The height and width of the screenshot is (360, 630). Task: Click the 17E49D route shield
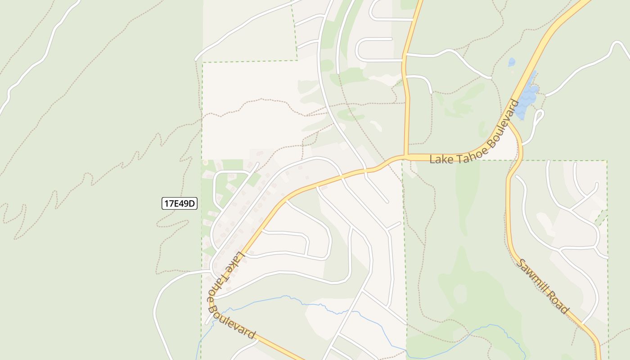pos(180,203)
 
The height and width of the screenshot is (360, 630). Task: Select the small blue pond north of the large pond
pos(512,62)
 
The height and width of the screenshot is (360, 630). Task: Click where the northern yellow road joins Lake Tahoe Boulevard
pos(406,157)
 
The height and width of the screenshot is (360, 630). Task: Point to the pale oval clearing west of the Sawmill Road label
pos(460,294)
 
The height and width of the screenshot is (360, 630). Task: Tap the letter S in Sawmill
pos(521,263)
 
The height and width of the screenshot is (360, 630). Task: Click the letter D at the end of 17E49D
pos(192,203)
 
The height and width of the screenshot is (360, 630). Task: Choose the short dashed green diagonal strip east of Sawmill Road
pos(601,219)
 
